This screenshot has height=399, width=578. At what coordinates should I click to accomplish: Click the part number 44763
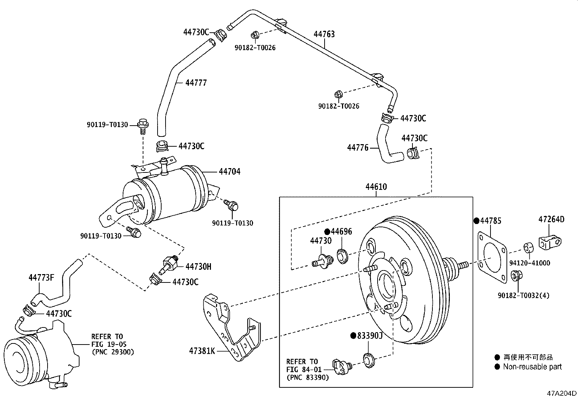(x=324, y=34)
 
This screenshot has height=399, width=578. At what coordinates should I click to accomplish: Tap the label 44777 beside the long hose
(x=196, y=83)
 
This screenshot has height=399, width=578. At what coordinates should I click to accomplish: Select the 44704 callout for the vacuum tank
(x=229, y=172)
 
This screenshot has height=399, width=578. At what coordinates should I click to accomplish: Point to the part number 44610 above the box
(x=376, y=187)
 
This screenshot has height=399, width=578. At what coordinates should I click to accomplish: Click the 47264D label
(x=551, y=219)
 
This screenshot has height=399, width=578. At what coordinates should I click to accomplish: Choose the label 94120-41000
(x=529, y=263)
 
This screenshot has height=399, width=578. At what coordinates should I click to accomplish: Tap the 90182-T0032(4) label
(x=524, y=295)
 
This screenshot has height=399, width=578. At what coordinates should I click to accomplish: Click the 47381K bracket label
(x=202, y=351)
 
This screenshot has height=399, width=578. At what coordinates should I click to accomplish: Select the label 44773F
(x=41, y=278)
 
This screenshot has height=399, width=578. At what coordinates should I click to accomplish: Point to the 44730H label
(x=198, y=266)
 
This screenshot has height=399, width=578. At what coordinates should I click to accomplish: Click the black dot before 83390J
(x=353, y=335)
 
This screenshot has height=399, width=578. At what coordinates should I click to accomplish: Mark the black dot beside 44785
(x=476, y=221)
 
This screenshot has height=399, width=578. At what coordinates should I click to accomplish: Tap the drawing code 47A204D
(x=562, y=393)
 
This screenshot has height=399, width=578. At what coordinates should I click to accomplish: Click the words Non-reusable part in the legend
(x=532, y=367)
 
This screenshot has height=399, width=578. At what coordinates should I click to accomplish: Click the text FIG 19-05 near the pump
(x=109, y=344)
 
